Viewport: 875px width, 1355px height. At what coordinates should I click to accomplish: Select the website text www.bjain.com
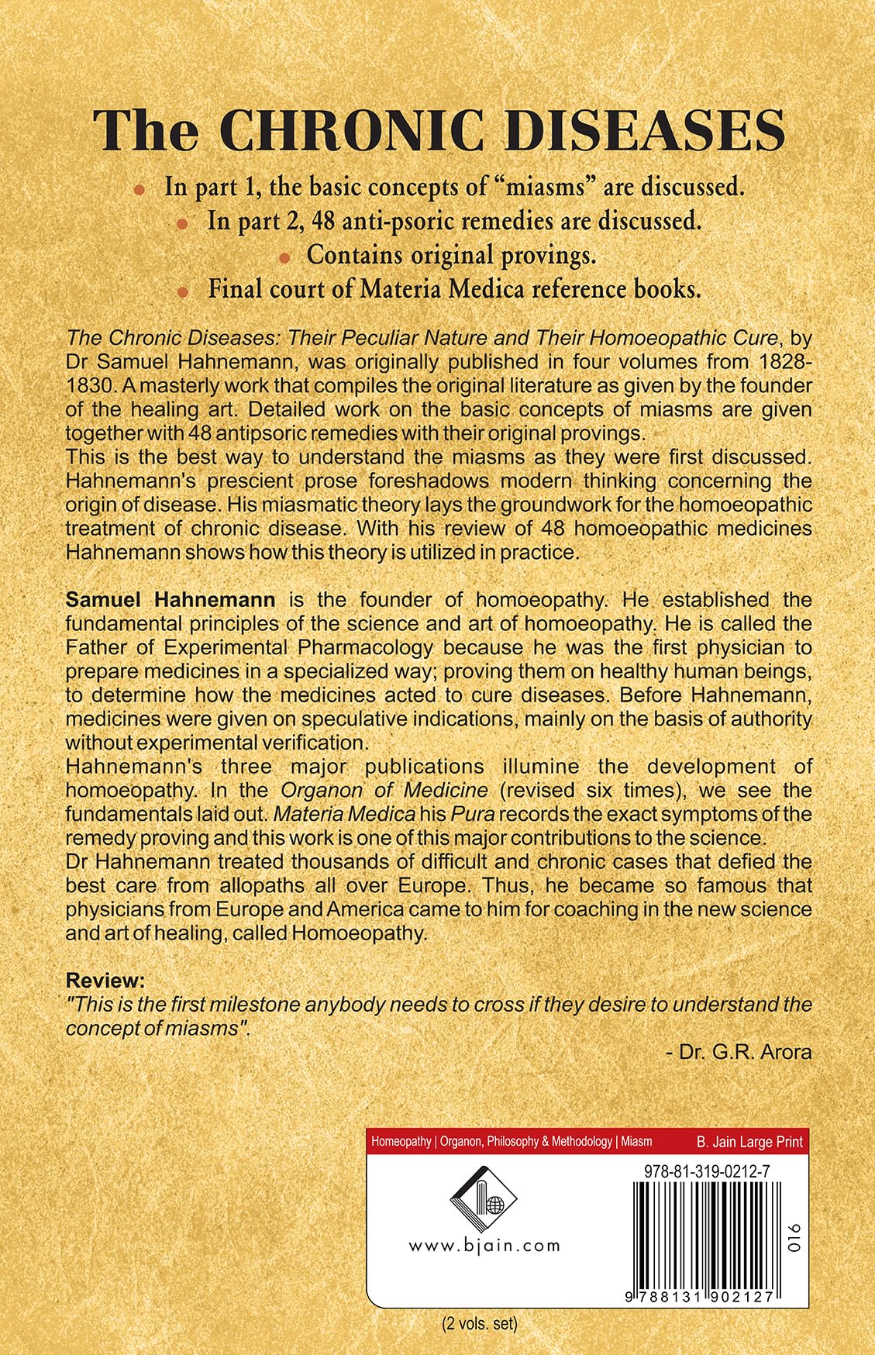[484, 1246]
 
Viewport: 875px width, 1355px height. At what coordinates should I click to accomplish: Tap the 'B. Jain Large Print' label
[749, 1142]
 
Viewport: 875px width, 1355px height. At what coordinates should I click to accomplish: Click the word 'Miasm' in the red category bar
[636, 1142]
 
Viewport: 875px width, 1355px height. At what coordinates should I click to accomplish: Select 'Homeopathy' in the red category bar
[401, 1142]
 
